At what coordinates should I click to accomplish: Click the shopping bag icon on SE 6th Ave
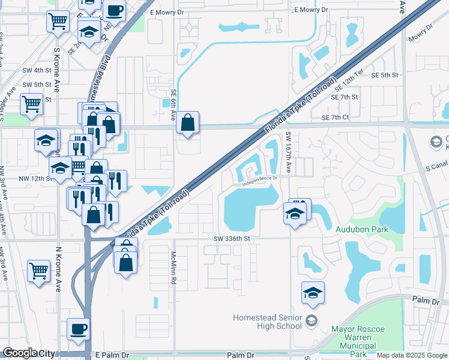click(x=188, y=123)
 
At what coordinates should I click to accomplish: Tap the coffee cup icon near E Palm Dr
click(x=79, y=329)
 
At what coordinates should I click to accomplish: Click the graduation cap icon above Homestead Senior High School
click(x=313, y=293)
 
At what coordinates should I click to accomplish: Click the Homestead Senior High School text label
click(x=267, y=322)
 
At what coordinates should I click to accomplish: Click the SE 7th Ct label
click(x=335, y=118)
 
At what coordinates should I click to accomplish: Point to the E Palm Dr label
click(x=112, y=355)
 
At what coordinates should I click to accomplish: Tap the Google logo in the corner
click(x=20, y=353)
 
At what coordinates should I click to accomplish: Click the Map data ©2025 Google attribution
click(x=412, y=355)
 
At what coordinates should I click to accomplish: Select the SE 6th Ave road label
click(x=173, y=104)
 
